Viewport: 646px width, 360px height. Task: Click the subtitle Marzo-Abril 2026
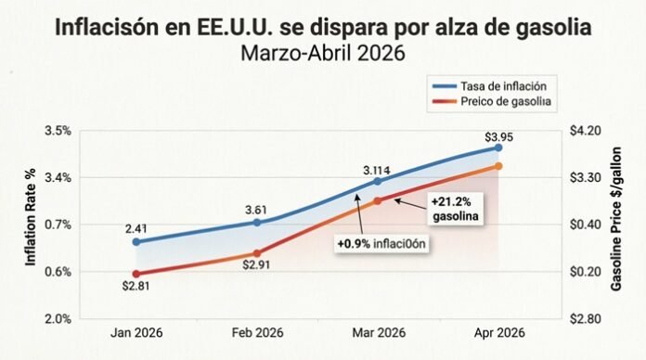tap(322, 52)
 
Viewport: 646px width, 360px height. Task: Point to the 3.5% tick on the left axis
tap(58, 130)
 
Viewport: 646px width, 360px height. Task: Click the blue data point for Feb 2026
tap(257, 223)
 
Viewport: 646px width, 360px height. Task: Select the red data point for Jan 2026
tap(136, 274)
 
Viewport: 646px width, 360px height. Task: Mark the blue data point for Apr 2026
tap(498, 148)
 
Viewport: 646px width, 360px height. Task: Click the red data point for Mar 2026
tap(378, 200)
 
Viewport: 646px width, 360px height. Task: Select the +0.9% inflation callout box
tap(385, 244)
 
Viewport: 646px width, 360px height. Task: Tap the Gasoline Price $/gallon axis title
tap(616, 223)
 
